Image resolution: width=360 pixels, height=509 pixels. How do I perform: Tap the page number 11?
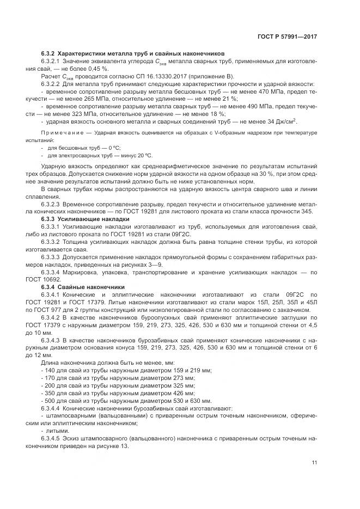(x=314, y=463)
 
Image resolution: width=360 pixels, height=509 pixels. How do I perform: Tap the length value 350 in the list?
(x=50, y=392)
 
